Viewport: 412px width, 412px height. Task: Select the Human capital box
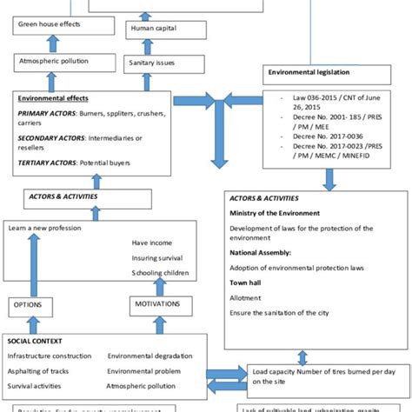155,30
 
